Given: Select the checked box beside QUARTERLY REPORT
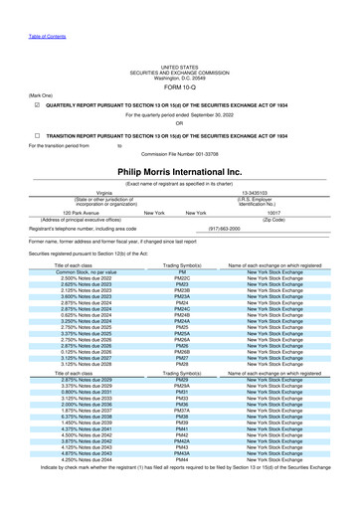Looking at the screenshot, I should [36, 103].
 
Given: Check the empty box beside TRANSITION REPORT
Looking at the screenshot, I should [36, 135].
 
